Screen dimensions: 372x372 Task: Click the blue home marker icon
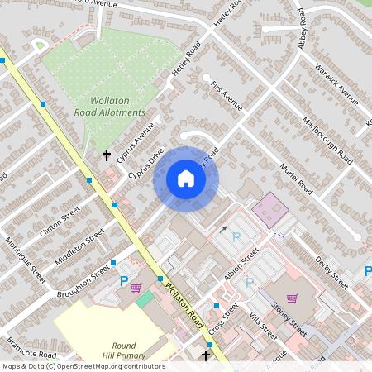click(186, 179)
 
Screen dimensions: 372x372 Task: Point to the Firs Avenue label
click(227, 94)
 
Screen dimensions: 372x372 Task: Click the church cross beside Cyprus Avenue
click(106, 155)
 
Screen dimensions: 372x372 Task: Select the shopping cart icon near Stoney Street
click(292, 298)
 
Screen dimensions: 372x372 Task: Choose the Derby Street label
click(331, 273)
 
